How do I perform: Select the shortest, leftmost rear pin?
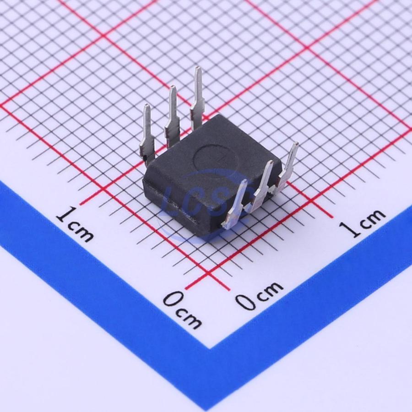coord(147,134)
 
